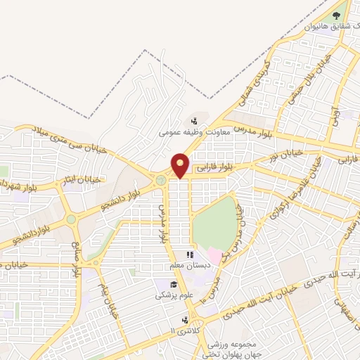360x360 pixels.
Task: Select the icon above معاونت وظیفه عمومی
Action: tap(194, 120)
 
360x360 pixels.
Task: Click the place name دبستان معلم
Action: tap(188, 265)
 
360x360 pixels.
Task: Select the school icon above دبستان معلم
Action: tap(189, 255)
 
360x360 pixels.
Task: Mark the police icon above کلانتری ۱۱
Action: tap(184, 319)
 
